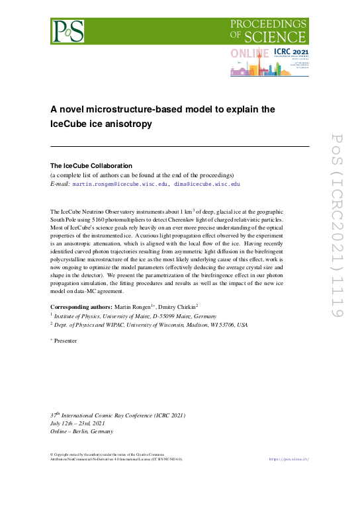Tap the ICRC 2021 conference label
pos(292,51)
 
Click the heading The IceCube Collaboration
pos(91,165)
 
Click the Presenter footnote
pos(66,341)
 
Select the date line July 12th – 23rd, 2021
pos(77,423)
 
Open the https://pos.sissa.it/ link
pos(290,458)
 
